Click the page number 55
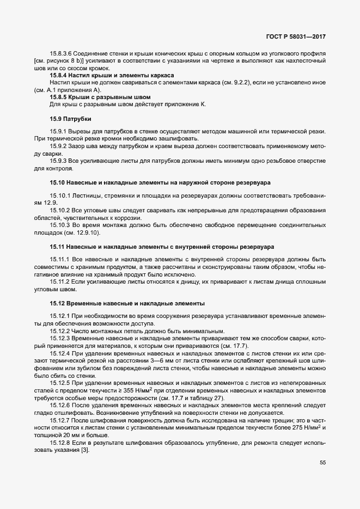click(322, 462)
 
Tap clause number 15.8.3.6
click(62, 54)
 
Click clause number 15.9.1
click(57, 132)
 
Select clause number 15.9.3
click(57, 161)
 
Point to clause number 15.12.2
click(59, 332)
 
